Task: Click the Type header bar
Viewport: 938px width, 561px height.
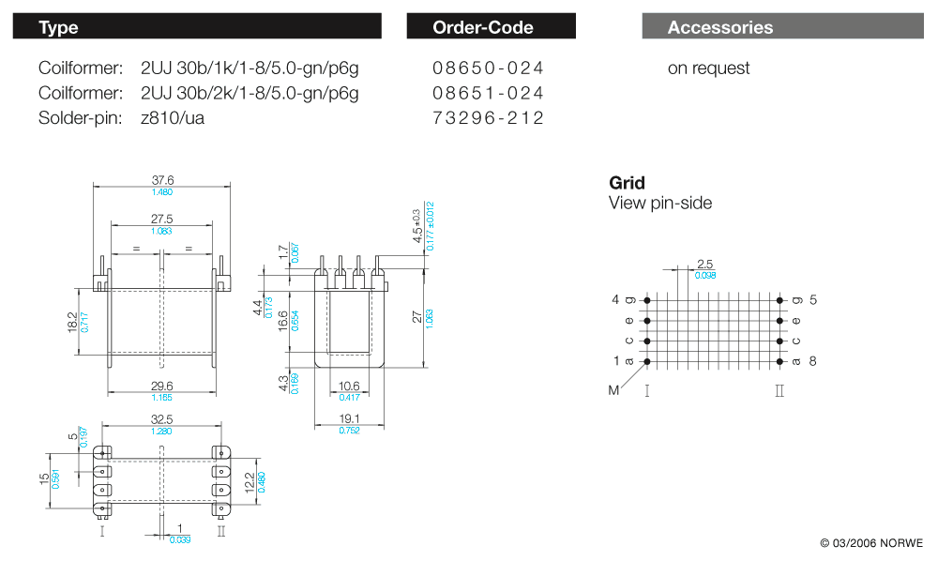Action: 197,26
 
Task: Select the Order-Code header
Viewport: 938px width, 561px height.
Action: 491,26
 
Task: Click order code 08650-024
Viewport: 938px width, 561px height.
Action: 488,68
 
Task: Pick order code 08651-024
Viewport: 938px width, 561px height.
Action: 488,93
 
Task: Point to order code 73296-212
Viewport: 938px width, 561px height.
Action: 488,117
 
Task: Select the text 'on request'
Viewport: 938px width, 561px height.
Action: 708,68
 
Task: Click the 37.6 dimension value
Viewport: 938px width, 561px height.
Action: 162,181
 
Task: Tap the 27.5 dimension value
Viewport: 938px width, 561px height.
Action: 162,219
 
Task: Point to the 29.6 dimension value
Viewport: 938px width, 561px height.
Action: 161,386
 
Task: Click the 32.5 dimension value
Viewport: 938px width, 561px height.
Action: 161,420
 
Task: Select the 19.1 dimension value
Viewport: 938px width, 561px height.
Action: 349,419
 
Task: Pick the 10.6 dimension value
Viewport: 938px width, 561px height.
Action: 349,386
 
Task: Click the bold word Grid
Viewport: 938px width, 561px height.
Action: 627,183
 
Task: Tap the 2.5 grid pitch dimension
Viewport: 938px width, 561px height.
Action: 704,265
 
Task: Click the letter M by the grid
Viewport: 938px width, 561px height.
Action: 614,390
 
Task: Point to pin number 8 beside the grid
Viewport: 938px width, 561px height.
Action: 813,361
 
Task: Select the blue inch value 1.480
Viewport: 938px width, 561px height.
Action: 162,192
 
